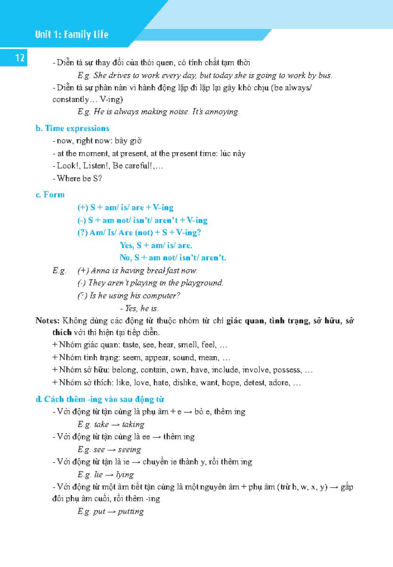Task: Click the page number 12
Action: coord(20,58)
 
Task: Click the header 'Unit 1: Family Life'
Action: coord(71,34)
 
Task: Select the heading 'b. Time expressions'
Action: coord(72,129)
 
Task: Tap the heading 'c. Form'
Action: coord(50,195)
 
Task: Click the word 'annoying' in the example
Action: coord(224,112)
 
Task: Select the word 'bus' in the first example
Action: coord(325,75)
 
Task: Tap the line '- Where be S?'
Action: coord(77,179)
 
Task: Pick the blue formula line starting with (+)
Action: coord(125,207)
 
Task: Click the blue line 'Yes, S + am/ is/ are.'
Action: coord(156,245)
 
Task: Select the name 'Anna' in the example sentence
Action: coord(100,271)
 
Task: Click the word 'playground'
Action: coord(204,283)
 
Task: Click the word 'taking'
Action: coord(133,424)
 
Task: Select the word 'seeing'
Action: coord(129,450)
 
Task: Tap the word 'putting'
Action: coord(131,511)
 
